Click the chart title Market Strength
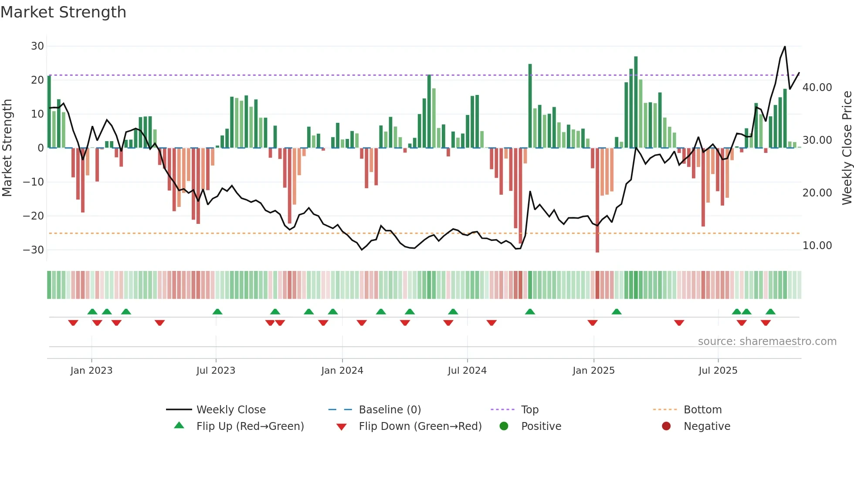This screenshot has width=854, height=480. click(x=63, y=12)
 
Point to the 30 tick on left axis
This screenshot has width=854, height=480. click(x=37, y=46)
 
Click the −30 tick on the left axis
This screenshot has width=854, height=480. click(x=34, y=250)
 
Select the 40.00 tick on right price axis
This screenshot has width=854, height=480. click(x=817, y=88)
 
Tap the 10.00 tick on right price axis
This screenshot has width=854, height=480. click(x=817, y=246)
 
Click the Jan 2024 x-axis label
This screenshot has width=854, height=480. click(x=342, y=371)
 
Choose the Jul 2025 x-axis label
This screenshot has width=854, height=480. click(x=718, y=371)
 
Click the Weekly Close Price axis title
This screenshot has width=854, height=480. click(x=847, y=148)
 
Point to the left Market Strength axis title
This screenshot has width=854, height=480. click(x=7, y=148)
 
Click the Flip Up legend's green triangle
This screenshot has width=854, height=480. click(x=179, y=426)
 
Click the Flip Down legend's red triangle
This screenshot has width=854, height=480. click(x=342, y=427)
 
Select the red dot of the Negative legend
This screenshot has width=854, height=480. click(x=666, y=426)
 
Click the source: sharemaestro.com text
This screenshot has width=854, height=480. click(x=767, y=341)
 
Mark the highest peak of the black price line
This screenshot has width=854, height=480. click(x=785, y=47)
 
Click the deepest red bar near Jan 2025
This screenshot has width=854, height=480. click(x=597, y=200)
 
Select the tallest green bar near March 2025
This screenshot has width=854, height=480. click(x=636, y=102)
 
